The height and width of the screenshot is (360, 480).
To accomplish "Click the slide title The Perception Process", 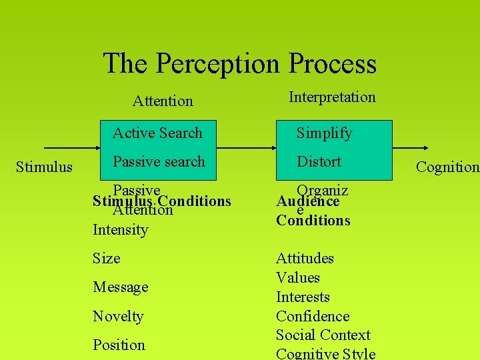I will (x=240, y=64).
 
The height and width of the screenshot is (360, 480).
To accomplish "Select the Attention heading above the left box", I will (x=163, y=101).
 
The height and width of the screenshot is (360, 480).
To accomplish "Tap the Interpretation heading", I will (x=332, y=97).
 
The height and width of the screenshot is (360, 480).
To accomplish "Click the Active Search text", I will (x=157, y=133).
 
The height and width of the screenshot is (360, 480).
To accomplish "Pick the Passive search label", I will (x=159, y=161).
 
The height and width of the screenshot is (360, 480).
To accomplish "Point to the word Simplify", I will (x=324, y=133).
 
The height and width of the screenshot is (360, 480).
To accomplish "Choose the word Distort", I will (x=319, y=161).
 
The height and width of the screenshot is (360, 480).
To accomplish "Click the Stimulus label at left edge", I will (x=44, y=167).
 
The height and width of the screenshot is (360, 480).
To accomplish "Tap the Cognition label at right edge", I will (x=447, y=167).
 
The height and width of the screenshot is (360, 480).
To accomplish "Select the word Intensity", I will (x=120, y=230).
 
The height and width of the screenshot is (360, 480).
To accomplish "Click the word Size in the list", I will (x=107, y=258).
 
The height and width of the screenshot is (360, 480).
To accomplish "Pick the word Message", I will (x=120, y=287).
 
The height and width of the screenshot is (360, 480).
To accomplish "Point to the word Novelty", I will (x=118, y=316).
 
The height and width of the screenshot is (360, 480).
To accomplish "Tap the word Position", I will (x=119, y=345).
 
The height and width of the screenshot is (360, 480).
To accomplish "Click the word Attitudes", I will (x=305, y=258).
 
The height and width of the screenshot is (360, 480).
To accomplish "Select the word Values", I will (x=298, y=277).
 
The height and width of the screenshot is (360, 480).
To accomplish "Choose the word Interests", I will (x=303, y=297).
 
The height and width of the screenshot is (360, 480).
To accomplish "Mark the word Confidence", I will (x=313, y=316).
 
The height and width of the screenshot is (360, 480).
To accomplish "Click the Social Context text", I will (x=323, y=335).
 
